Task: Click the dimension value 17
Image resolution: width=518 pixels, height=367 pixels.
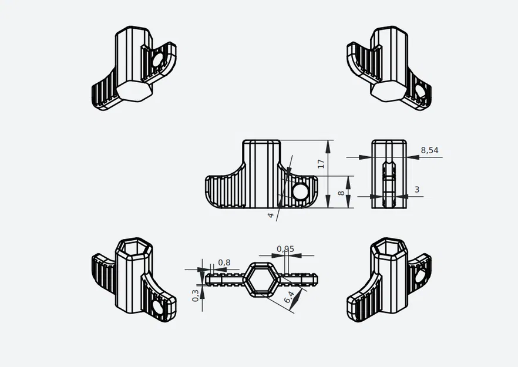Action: (x=321, y=164)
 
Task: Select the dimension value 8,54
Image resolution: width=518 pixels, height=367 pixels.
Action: (x=429, y=150)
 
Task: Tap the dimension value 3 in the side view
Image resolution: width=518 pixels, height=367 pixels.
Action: (x=417, y=189)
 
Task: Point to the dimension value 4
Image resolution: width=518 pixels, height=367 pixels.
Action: (x=271, y=216)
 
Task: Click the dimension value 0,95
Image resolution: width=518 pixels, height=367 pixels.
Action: (x=285, y=249)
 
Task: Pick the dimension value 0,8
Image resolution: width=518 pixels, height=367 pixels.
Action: (x=224, y=262)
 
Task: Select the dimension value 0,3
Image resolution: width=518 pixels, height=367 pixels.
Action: (x=195, y=295)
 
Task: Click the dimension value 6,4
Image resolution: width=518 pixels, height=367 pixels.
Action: (x=289, y=298)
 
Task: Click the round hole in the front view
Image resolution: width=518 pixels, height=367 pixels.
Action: (x=300, y=191)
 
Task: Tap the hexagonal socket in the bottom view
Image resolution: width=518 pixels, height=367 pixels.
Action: (x=259, y=277)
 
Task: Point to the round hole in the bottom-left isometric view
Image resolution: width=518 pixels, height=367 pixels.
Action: (x=159, y=307)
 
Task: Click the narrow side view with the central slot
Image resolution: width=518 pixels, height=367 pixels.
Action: (x=389, y=174)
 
